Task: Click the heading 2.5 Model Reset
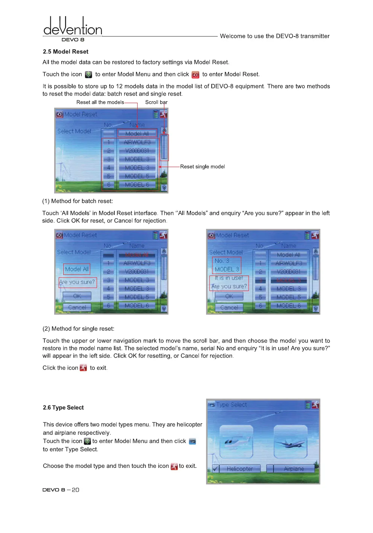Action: click(x=65, y=52)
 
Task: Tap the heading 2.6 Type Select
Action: click(x=63, y=407)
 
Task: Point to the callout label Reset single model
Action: click(x=202, y=166)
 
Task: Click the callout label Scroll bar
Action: click(x=156, y=102)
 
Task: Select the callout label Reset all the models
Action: click(x=100, y=102)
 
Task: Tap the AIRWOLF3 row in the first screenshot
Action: click(x=137, y=142)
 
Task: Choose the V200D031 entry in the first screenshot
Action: click(x=137, y=151)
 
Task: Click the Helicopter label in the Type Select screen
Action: click(x=240, y=469)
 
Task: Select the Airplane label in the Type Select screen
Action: click(x=294, y=469)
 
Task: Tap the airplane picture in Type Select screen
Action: click(x=290, y=442)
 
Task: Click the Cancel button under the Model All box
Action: click(x=77, y=307)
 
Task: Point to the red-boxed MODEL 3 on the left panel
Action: click(x=227, y=269)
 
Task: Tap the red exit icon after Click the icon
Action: click(x=83, y=368)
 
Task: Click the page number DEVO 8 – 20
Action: click(x=61, y=490)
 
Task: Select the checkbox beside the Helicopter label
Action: click(x=216, y=469)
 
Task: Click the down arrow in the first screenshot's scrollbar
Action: click(x=164, y=187)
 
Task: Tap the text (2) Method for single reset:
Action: click(x=78, y=329)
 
